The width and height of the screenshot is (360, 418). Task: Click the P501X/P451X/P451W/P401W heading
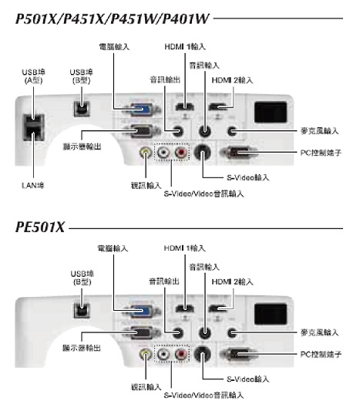113,19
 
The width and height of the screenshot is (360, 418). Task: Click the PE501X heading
40,228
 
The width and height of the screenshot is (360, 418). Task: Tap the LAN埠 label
33,185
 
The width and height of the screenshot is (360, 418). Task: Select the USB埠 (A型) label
33,76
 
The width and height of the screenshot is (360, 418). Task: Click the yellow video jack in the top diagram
145,152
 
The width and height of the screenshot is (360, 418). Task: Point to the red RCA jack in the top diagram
181,152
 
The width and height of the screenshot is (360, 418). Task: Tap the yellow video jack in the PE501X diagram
145,354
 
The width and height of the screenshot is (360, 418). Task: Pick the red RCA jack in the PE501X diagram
181,354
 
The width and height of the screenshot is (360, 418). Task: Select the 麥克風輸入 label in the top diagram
319,130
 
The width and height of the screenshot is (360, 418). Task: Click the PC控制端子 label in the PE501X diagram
321,354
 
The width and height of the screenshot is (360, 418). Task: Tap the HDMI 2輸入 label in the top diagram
232,80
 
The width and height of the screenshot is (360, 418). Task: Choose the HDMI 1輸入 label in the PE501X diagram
185,248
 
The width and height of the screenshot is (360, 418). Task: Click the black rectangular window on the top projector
271,113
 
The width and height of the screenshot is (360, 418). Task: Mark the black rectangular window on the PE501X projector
271,315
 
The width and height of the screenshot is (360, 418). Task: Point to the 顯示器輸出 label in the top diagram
82,147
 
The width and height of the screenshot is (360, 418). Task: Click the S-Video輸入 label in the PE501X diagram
247,379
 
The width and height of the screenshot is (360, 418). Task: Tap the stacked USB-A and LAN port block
34,128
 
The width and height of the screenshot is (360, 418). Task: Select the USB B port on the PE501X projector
82,310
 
